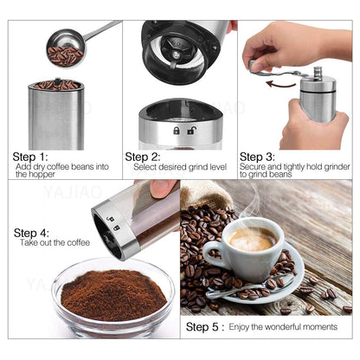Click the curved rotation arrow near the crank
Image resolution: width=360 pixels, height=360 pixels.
pos(280,84)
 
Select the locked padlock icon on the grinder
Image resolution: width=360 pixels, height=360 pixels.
pos(177,130)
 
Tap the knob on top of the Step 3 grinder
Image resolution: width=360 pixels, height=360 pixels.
pos(318,73)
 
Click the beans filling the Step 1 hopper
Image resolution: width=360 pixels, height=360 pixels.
pos(57,85)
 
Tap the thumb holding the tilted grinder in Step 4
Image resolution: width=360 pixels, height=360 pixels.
pos(162,188)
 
